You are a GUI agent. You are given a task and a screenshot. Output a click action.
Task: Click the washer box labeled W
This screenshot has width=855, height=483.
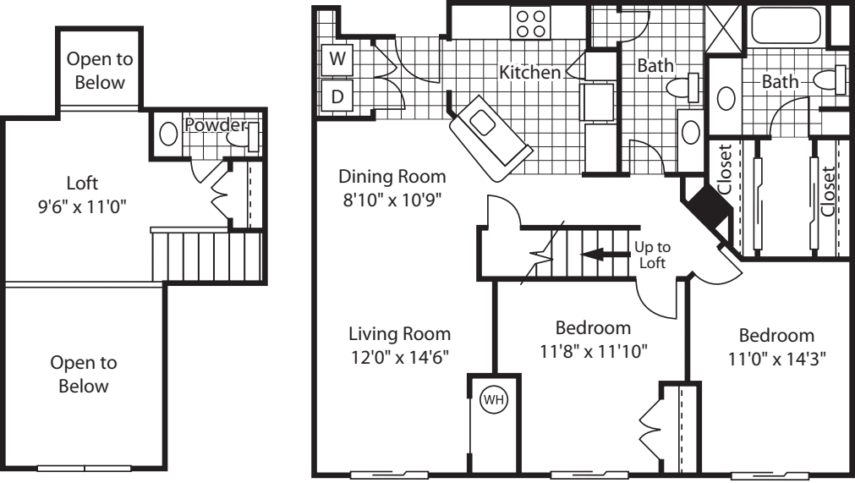(x=337, y=59)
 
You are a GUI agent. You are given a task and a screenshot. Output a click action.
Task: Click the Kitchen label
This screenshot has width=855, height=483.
(x=529, y=73)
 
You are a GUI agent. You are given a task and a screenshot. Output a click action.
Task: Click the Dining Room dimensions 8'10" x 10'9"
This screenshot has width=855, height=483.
(x=392, y=200)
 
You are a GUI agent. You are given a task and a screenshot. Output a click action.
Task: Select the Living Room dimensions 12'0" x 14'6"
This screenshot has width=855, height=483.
(x=401, y=356)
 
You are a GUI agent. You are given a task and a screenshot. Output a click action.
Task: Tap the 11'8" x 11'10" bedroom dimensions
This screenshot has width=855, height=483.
(x=593, y=350)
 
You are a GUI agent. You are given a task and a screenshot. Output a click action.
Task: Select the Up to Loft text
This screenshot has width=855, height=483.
(x=651, y=255)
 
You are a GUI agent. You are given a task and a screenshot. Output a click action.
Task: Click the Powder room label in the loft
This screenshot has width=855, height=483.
(x=215, y=125)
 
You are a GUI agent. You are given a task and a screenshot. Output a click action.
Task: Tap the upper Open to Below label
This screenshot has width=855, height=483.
(x=100, y=71)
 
